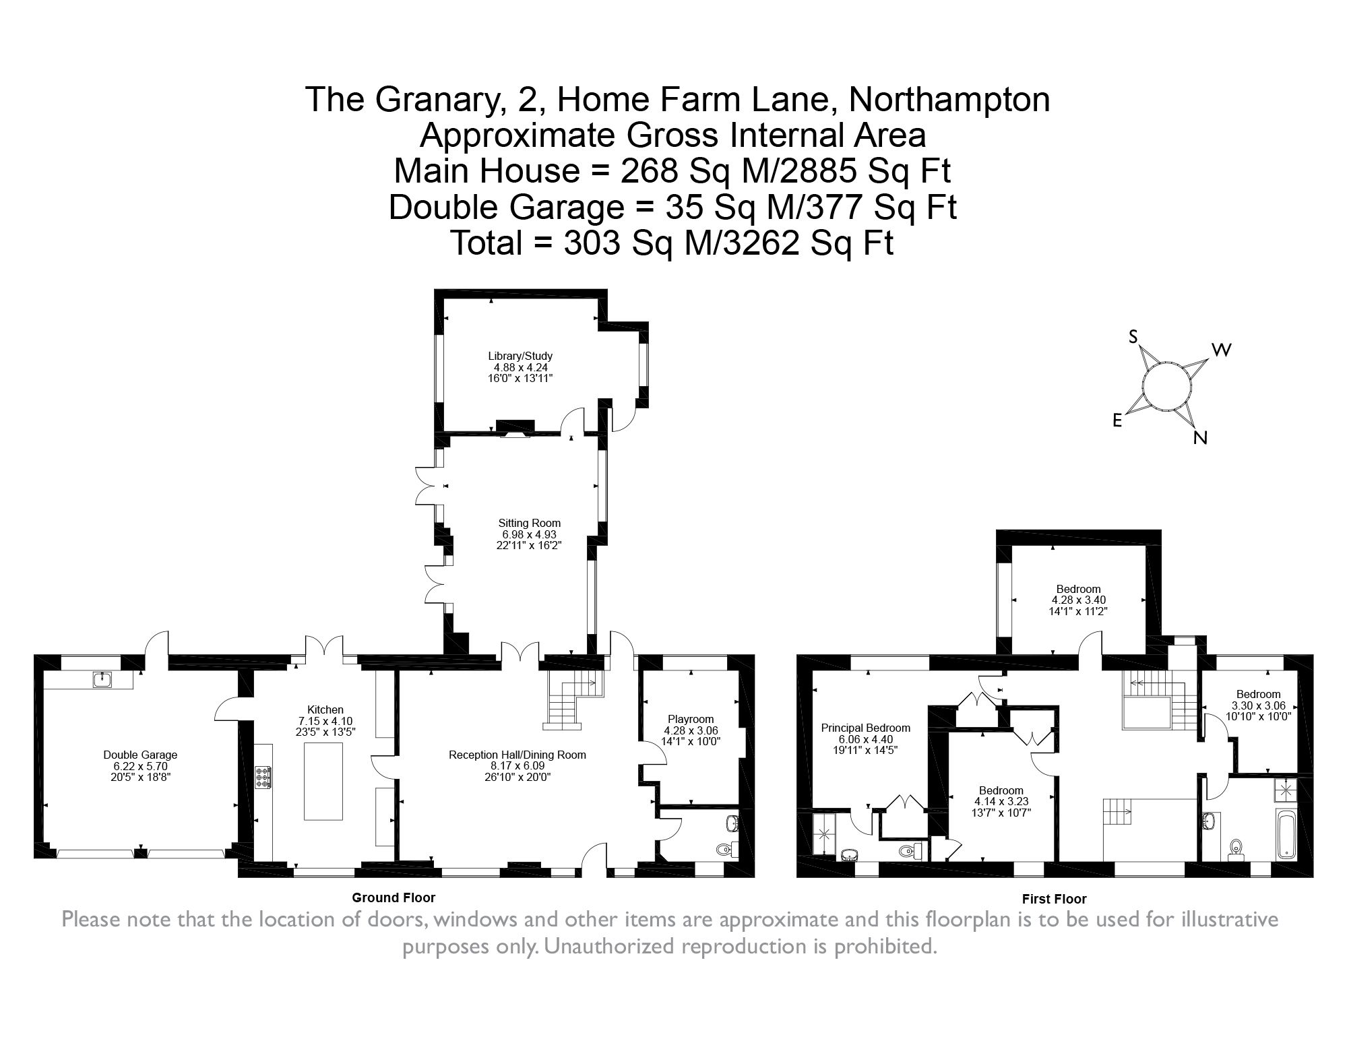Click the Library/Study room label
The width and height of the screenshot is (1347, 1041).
(520, 356)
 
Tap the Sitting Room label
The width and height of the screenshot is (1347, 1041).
(529, 523)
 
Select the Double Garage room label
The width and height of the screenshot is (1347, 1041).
(140, 755)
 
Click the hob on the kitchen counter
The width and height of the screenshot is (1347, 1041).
(263, 777)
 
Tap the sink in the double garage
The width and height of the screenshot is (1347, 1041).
(103, 679)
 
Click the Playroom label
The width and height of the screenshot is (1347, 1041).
(691, 719)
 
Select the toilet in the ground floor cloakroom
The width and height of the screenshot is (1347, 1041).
(724, 849)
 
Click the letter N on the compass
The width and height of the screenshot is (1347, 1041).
(1199, 438)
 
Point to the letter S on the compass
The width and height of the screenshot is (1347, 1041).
(1133, 337)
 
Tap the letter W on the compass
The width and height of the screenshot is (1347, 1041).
(1222, 350)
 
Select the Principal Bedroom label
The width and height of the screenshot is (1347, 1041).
(865, 728)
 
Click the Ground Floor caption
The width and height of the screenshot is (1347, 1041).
(394, 897)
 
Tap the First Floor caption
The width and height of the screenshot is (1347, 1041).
(1054, 899)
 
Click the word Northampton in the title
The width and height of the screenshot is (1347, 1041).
(949, 100)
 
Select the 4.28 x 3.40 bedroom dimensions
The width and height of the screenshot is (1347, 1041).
(1078, 600)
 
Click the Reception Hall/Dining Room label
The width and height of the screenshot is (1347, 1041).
(517, 755)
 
